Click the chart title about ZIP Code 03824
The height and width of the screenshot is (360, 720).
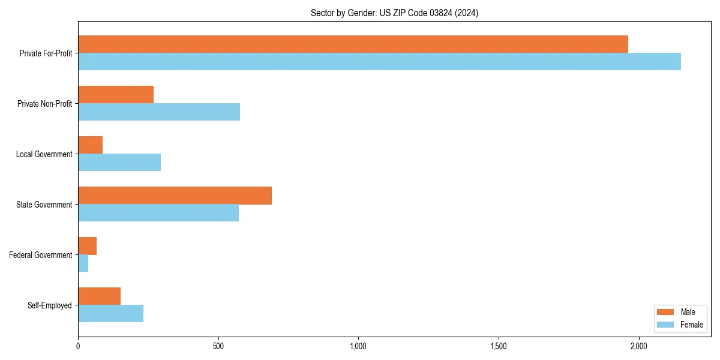click(x=394, y=13)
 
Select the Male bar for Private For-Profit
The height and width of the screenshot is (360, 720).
click(x=353, y=44)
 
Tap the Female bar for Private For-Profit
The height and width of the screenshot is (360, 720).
click(x=379, y=62)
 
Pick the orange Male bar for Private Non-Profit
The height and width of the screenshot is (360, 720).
click(x=116, y=95)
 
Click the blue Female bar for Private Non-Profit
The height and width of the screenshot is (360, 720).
click(x=159, y=112)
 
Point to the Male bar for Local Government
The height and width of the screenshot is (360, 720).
click(x=91, y=145)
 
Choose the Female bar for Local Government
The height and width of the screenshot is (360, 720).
click(x=119, y=163)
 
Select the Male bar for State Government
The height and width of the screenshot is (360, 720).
click(x=175, y=196)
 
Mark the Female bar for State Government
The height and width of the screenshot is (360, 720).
click(x=158, y=213)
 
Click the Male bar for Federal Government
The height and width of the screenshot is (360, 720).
click(x=88, y=246)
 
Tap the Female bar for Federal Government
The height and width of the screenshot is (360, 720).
click(x=83, y=263)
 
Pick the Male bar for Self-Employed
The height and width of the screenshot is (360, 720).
click(x=100, y=296)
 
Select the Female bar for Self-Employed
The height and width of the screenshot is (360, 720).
click(x=111, y=314)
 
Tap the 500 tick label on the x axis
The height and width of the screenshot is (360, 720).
click(x=218, y=346)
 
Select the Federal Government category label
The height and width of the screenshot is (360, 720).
click(x=41, y=255)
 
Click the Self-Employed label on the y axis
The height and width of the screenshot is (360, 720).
click(x=50, y=305)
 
